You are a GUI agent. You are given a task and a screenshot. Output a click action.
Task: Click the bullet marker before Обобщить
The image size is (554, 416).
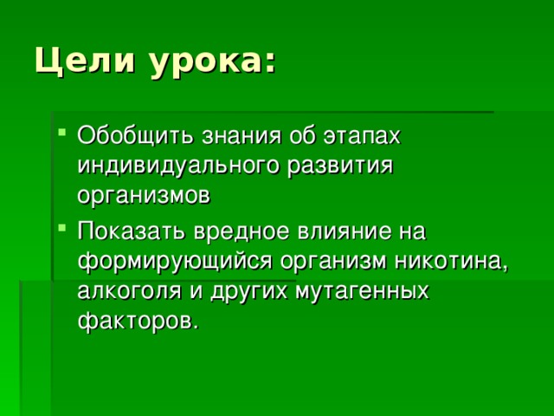click(61, 133)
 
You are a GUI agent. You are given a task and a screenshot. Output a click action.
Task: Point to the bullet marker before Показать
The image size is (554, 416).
click(61, 227)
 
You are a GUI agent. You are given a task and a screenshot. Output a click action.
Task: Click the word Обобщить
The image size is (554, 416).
click(135, 135)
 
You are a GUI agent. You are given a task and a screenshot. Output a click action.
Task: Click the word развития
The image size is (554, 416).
click(340, 167)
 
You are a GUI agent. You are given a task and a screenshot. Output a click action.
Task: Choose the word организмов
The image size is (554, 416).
click(144, 197)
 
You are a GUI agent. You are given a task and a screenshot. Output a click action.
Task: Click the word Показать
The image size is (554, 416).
click(132, 231)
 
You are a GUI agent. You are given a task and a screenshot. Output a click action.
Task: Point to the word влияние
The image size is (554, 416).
click(345, 231)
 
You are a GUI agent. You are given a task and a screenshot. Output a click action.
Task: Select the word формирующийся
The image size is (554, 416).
click(175, 261)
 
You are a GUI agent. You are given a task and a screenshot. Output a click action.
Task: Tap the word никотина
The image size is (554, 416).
click(451, 262)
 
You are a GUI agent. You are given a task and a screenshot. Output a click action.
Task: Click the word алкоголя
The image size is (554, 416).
click(129, 291)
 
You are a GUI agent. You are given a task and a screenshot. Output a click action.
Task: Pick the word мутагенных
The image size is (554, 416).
click(362, 293)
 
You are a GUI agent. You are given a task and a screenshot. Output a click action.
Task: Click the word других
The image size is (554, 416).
click(248, 293)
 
